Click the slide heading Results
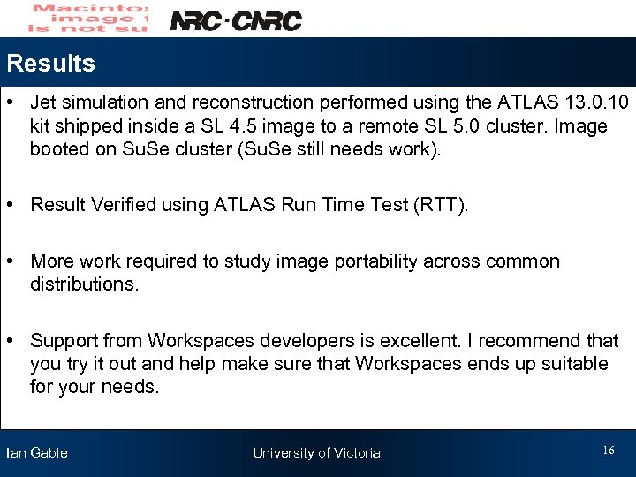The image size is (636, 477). tap(50, 64)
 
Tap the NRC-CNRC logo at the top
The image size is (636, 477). tap(235, 20)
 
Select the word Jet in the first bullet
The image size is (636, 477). tap(44, 103)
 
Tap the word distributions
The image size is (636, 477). tap(84, 284)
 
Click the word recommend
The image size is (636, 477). tap(535, 341)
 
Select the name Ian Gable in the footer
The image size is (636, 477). tap(37, 453)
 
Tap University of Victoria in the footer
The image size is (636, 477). tap(316, 453)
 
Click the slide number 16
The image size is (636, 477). tap(609, 451)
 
